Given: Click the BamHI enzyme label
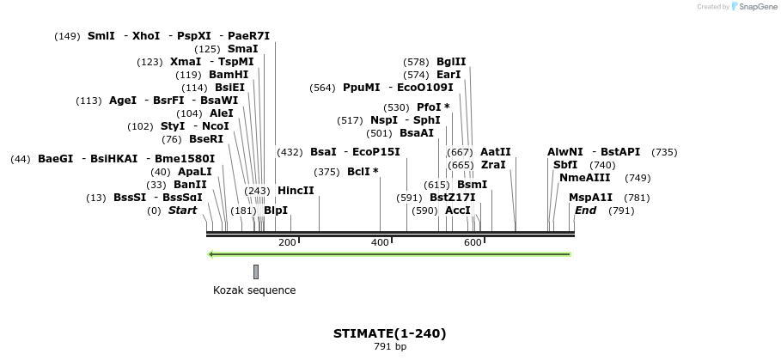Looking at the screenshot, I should pyautogui.click(x=229, y=75).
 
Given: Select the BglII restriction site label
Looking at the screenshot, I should pyautogui.click(x=451, y=62).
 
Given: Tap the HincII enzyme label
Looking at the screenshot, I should pyautogui.click(x=296, y=191).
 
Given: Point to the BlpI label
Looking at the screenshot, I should pyautogui.click(x=276, y=211).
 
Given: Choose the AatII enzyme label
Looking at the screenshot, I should pyautogui.click(x=495, y=152).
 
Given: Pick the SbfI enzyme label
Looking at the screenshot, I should pyautogui.click(x=565, y=165).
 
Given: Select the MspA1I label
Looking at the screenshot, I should pyautogui.click(x=590, y=198).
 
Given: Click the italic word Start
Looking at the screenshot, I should pyautogui.click(x=182, y=211).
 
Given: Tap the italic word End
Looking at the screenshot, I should pyautogui.click(x=585, y=211).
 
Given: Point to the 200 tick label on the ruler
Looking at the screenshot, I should pyautogui.click(x=287, y=243).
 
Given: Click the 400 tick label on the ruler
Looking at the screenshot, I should pyautogui.click(x=380, y=243).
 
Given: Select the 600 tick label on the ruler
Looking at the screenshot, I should pyautogui.click(x=473, y=243).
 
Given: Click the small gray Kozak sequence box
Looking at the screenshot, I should pyautogui.click(x=256, y=272).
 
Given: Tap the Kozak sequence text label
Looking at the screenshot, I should pyautogui.click(x=254, y=290).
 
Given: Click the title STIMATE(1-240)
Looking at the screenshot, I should pyautogui.click(x=390, y=333).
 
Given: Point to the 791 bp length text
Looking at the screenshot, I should pyautogui.click(x=390, y=347).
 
